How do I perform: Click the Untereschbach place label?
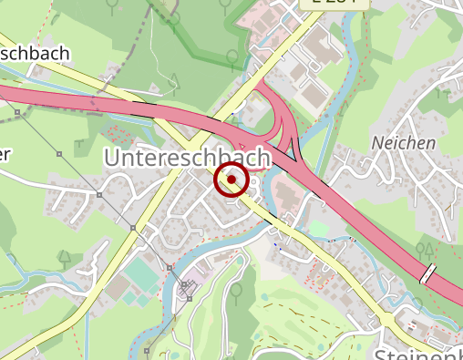(x=187, y=158)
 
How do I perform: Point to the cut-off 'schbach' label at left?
(x=35, y=55)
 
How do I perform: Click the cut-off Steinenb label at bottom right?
(x=418, y=353)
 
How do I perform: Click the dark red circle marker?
(x=232, y=180)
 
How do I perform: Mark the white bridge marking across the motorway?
(x=427, y=273)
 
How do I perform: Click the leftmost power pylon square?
(x=18, y=113)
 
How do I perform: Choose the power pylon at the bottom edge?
(x=146, y=350)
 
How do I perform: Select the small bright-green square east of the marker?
(x=317, y=229)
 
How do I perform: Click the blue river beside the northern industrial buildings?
(x=346, y=73)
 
